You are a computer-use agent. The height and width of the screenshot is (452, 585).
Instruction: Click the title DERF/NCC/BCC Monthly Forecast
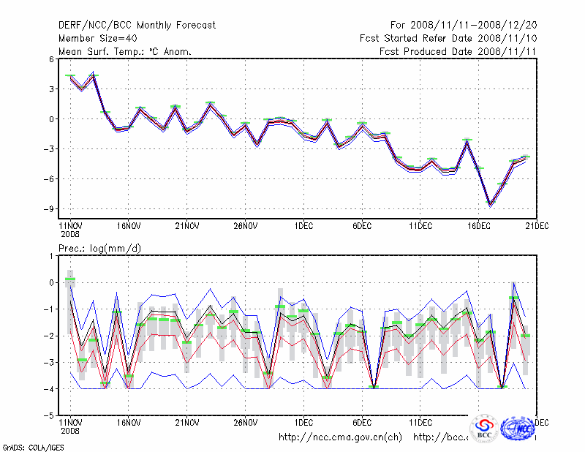pos(137,25)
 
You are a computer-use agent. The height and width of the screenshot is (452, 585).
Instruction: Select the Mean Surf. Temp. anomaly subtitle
pos(124,51)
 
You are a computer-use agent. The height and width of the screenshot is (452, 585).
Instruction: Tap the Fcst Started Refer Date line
pos(448,38)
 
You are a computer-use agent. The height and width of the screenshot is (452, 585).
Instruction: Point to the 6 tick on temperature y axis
pos(51,59)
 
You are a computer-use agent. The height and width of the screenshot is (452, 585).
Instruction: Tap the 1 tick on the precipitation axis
pos(51,256)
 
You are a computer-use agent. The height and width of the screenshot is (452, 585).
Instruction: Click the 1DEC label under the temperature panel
pos(304,225)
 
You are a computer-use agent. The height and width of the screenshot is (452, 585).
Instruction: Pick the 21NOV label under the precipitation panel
pos(187,422)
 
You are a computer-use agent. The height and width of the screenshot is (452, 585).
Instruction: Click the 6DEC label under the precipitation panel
pos(363,422)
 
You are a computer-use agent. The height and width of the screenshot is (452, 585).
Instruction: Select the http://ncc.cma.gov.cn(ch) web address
pos(340,437)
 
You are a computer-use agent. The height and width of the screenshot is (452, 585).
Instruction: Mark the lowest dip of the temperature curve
pos(491,205)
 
